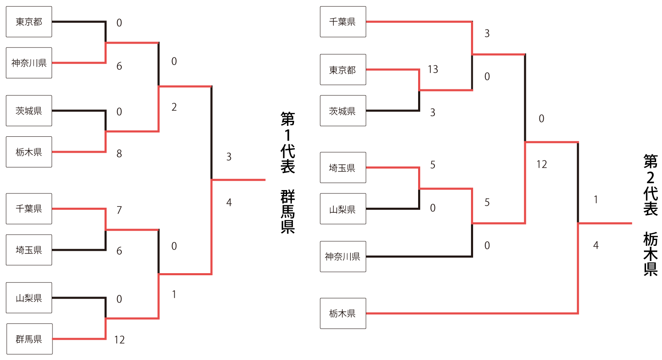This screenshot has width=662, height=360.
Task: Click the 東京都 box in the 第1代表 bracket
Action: tap(29, 22)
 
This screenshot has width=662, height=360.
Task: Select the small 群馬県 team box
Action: tap(29, 339)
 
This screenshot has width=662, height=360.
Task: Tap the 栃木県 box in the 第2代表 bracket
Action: tap(343, 313)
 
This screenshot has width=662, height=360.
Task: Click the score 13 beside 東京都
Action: tap(433, 69)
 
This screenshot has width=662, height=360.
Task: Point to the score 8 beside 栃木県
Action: tap(119, 154)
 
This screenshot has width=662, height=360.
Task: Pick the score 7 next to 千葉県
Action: tap(119, 210)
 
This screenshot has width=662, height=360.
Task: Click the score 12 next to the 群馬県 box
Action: tap(119, 340)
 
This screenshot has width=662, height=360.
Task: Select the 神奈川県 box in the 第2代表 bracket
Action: tap(343, 256)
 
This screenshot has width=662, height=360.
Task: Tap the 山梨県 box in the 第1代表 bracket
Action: tap(29, 298)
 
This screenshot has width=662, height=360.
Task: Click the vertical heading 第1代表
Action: tap(288, 143)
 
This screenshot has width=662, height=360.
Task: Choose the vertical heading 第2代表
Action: tap(650, 185)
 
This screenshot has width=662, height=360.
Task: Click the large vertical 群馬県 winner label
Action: tap(288, 211)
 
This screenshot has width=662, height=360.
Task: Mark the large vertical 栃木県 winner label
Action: tap(650, 254)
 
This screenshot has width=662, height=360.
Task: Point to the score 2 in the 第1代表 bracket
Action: tap(174, 107)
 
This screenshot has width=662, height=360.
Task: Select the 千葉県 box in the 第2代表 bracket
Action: tap(343, 22)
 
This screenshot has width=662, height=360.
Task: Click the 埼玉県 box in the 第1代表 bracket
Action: tap(29, 250)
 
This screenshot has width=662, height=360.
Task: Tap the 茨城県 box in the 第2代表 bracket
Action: tap(343, 111)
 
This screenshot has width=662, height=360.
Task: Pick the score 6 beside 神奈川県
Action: tap(119, 66)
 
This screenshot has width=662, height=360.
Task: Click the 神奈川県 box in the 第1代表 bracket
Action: tap(29, 63)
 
